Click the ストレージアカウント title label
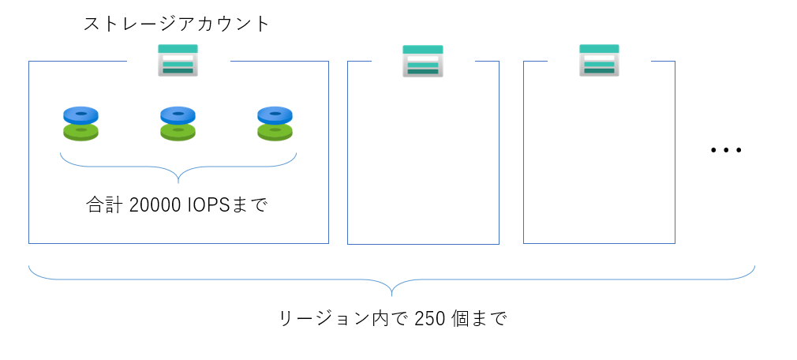point(177,24)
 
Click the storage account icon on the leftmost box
point(178,60)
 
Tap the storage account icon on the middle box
point(422,61)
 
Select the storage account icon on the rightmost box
point(599,60)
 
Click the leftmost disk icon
point(80,124)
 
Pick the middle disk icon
point(178,124)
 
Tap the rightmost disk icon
point(275,124)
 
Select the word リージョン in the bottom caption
point(316,319)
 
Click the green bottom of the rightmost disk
point(275,131)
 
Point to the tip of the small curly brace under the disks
point(178,181)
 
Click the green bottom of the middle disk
point(178,131)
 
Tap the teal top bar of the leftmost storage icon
point(178,49)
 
